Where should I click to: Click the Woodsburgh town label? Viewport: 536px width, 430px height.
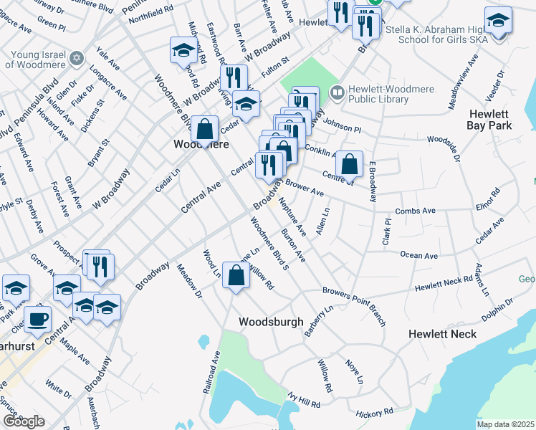(271, 322)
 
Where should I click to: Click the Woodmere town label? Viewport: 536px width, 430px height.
(201, 144)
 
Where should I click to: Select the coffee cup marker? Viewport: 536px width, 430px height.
(37, 318)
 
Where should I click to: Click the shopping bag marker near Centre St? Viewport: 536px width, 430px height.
(349, 164)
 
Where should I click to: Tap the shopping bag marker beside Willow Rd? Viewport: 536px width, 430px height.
(236, 274)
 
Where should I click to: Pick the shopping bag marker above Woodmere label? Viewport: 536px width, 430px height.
(205, 129)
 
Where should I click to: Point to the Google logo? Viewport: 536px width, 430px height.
(24, 421)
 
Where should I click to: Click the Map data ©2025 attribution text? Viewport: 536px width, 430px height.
(506, 424)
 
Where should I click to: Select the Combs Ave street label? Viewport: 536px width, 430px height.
(416, 211)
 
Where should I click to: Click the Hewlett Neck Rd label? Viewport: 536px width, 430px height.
(444, 284)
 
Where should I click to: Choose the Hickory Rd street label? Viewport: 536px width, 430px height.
(375, 412)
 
